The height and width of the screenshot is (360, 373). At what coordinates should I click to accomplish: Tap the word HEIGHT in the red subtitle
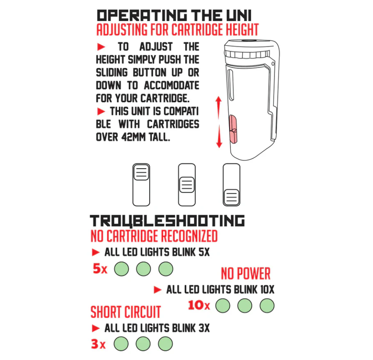point(242,29)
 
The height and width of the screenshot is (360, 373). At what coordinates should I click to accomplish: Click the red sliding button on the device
point(233,129)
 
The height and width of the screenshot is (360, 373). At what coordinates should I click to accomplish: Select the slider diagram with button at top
point(141,185)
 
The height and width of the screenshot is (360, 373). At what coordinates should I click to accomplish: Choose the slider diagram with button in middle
point(187,185)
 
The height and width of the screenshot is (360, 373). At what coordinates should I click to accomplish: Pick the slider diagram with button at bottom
point(232,185)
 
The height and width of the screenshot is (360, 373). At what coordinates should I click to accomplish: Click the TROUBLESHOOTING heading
point(167,221)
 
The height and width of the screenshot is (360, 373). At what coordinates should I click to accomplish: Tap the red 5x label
point(100,269)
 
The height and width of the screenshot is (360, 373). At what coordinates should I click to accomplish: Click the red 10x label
point(199,305)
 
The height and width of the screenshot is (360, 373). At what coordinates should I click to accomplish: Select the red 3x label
point(98,344)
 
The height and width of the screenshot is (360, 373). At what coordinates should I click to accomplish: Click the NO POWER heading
point(246,273)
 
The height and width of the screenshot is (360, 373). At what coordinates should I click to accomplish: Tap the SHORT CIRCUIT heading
point(126,312)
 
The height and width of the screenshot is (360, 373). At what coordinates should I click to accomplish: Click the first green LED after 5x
point(122,269)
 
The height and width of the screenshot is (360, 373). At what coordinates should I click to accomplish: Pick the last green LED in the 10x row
point(267,306)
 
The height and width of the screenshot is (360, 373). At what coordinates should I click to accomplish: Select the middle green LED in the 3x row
point(143,344)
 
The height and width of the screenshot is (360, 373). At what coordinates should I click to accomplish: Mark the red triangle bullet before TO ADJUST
point(101,47)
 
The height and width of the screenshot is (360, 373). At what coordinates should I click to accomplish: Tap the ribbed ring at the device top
point(247,54)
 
